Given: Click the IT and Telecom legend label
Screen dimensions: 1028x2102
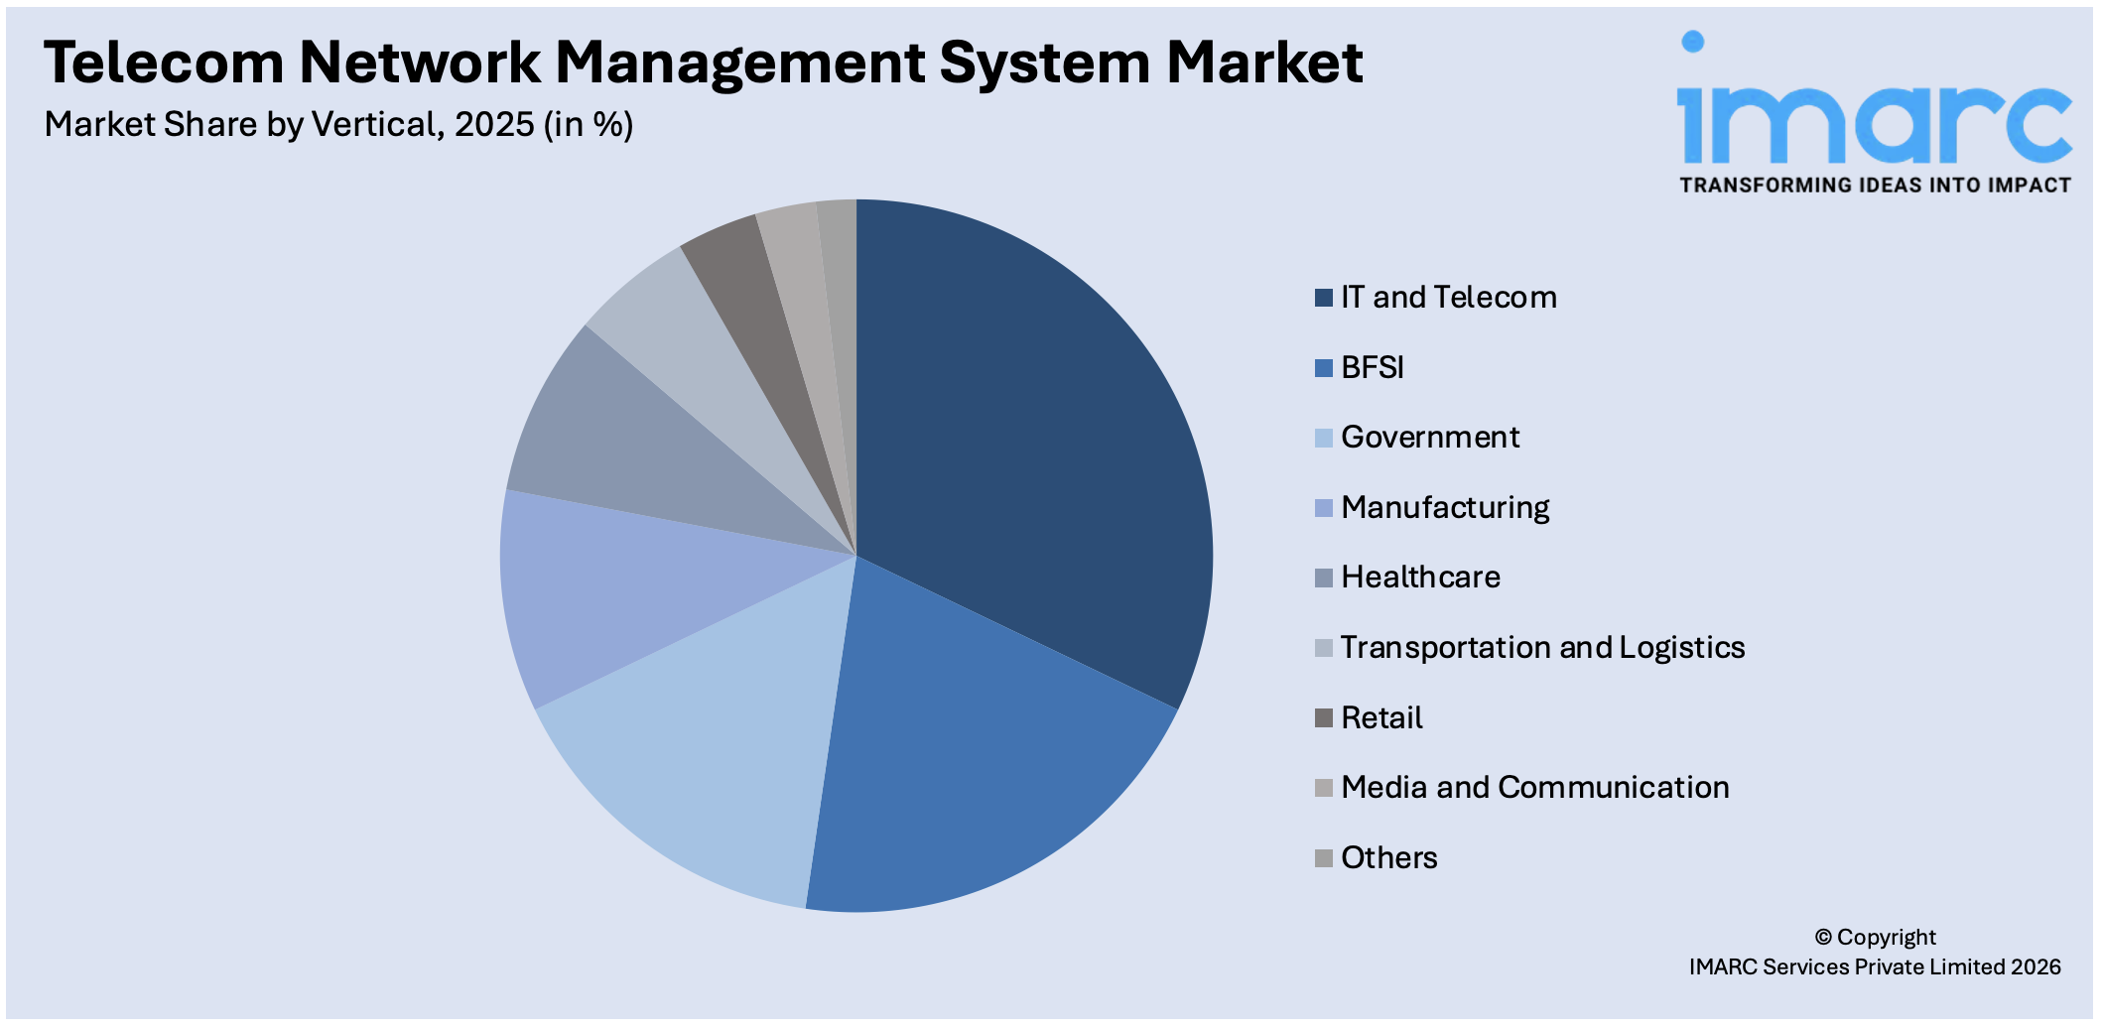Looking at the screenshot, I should point(1448,298).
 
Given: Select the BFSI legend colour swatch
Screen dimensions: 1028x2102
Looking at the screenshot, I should point(1323,368).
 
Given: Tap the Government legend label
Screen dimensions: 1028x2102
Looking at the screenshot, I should point(1429,438).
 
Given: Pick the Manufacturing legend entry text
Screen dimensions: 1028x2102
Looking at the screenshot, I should point(1444,508).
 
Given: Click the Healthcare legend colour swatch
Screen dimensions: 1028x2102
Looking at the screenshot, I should point(1323,578).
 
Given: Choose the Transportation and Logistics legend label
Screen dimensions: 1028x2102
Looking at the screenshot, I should point(1541,648).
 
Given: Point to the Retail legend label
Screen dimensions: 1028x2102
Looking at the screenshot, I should point(1381,718).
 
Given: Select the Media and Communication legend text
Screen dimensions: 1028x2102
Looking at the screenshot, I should point(1534,788).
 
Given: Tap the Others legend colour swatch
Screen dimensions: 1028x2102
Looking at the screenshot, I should point(1323,858).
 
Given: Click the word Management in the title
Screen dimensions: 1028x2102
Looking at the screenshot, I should point(739,64).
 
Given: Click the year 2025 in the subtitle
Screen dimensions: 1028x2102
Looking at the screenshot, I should point(494,125).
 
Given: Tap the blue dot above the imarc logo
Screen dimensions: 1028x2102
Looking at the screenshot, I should point(1692,41).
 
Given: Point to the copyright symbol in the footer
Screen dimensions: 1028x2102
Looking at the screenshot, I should point(1823,938).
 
